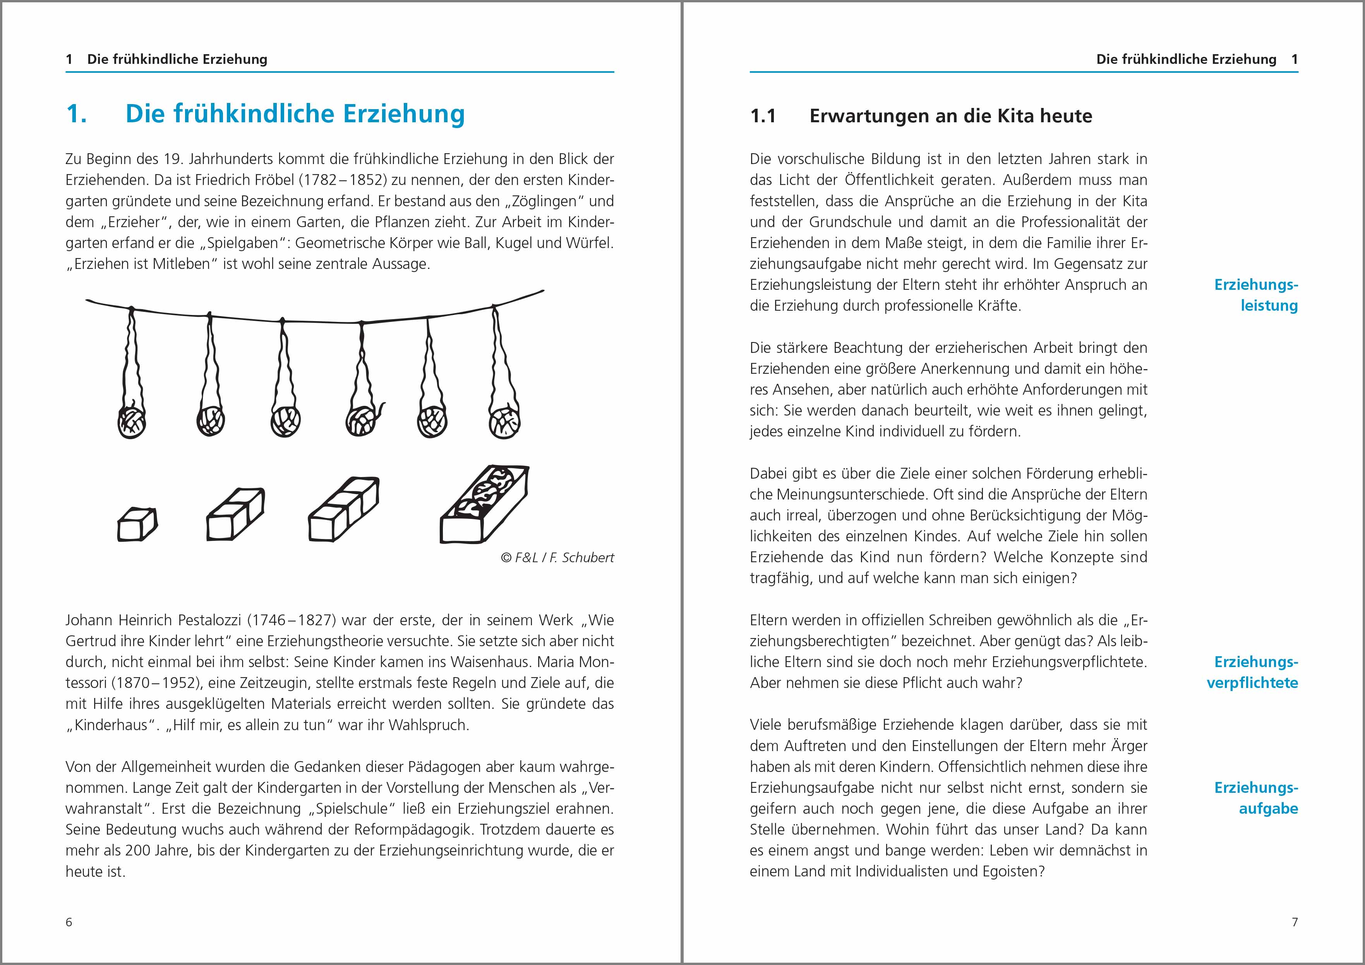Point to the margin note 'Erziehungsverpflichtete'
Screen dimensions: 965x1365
[1253, 672]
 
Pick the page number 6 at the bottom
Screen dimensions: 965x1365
[69, 922]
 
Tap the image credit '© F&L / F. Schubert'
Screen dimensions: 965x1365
[557, 557]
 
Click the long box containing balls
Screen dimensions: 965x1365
[484, 504]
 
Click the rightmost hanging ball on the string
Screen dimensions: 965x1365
[504, 421]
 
